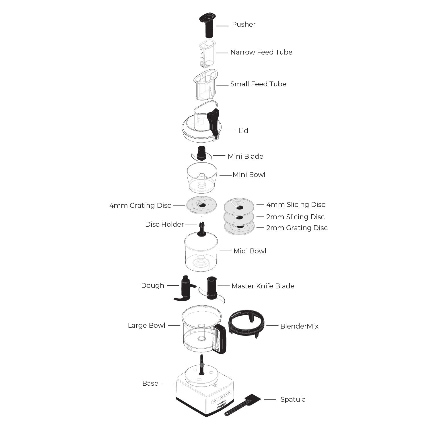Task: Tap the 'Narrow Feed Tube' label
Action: click(261, 52)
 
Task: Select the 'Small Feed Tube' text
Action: click(258, 84)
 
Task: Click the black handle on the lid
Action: click(213, 122)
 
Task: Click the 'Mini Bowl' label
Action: click(249, 175)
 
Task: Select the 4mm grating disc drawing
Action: click(201, 205)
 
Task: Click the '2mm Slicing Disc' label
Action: click(295, 217)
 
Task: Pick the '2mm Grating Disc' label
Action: click(296, 228)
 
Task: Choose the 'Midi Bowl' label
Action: click(250, 251)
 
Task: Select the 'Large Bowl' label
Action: click(146, 325)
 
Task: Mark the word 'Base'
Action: click(150, 384)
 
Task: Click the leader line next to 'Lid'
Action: click(230, 130)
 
